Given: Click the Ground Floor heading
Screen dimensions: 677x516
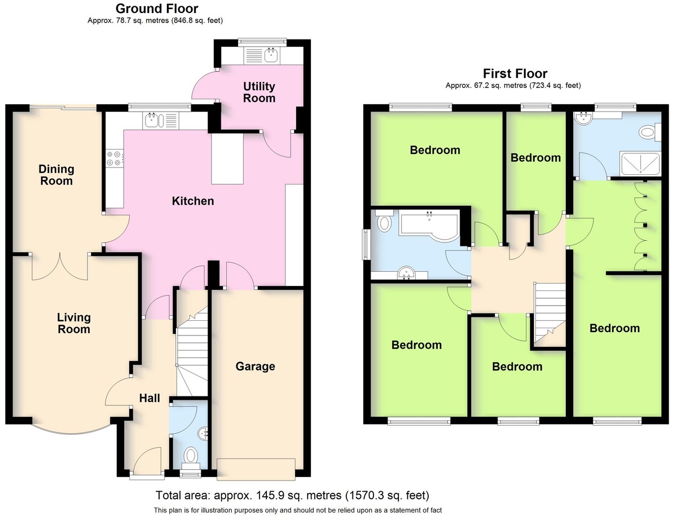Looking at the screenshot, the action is click(157, 8).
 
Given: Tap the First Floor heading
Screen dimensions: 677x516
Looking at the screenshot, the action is click(515, 74).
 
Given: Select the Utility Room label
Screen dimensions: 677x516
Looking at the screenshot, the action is click(259, 92).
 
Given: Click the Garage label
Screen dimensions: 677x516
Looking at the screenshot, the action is click(256, 367).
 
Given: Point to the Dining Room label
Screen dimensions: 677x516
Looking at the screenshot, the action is click(56, 175).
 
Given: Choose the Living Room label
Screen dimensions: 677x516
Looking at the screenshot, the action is click(74, 323).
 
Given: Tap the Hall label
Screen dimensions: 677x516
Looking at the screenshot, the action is click(150, 398).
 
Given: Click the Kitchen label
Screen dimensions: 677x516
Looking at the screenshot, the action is click(193, 201).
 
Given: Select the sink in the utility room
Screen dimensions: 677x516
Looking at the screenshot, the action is click(271, 55).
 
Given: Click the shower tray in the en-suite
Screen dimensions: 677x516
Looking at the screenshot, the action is click(640, 164).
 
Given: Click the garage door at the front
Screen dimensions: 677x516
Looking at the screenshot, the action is click(256, 469).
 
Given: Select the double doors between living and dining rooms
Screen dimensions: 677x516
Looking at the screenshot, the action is click(60, 267).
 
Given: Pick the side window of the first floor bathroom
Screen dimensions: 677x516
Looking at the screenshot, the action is click(366, 244).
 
